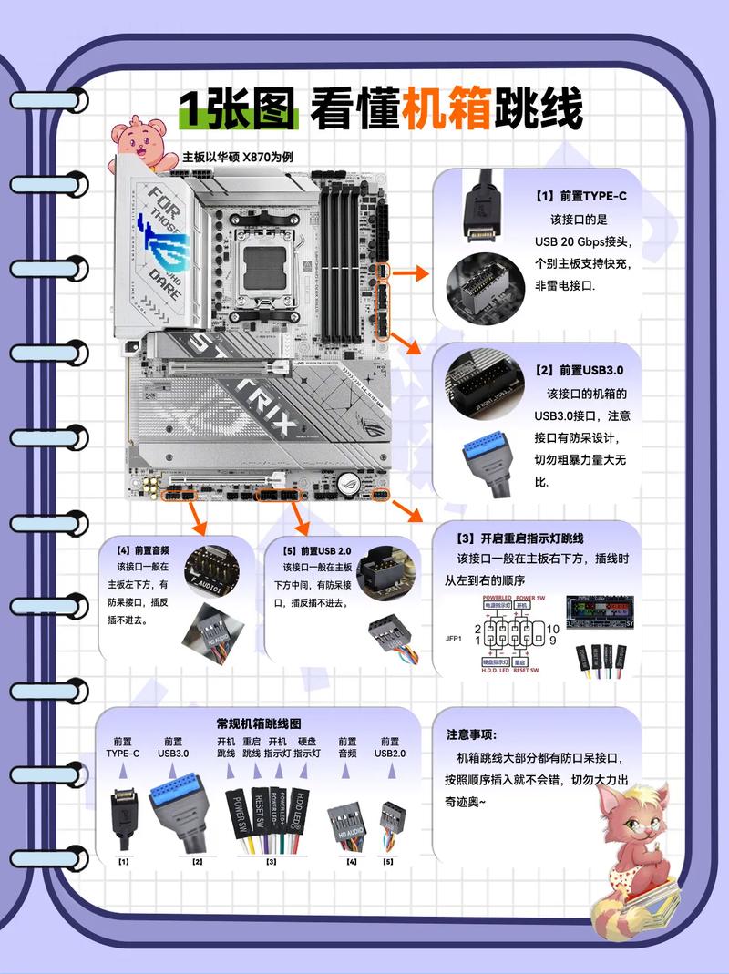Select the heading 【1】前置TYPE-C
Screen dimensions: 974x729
pos(580,196)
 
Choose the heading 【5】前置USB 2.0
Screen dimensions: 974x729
pos(316,550)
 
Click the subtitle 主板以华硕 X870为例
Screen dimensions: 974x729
pos(237,156)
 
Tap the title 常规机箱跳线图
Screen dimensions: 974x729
pos(259,723)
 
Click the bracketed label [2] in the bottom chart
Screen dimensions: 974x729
pos(197,860)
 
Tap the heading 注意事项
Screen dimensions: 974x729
pos(471,734)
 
